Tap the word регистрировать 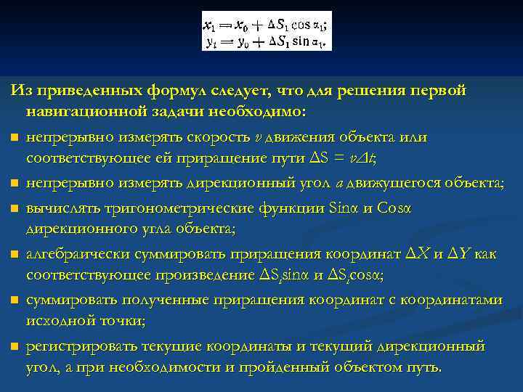point(78,346)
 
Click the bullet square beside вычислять point(14,209)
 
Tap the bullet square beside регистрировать point(14,347)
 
